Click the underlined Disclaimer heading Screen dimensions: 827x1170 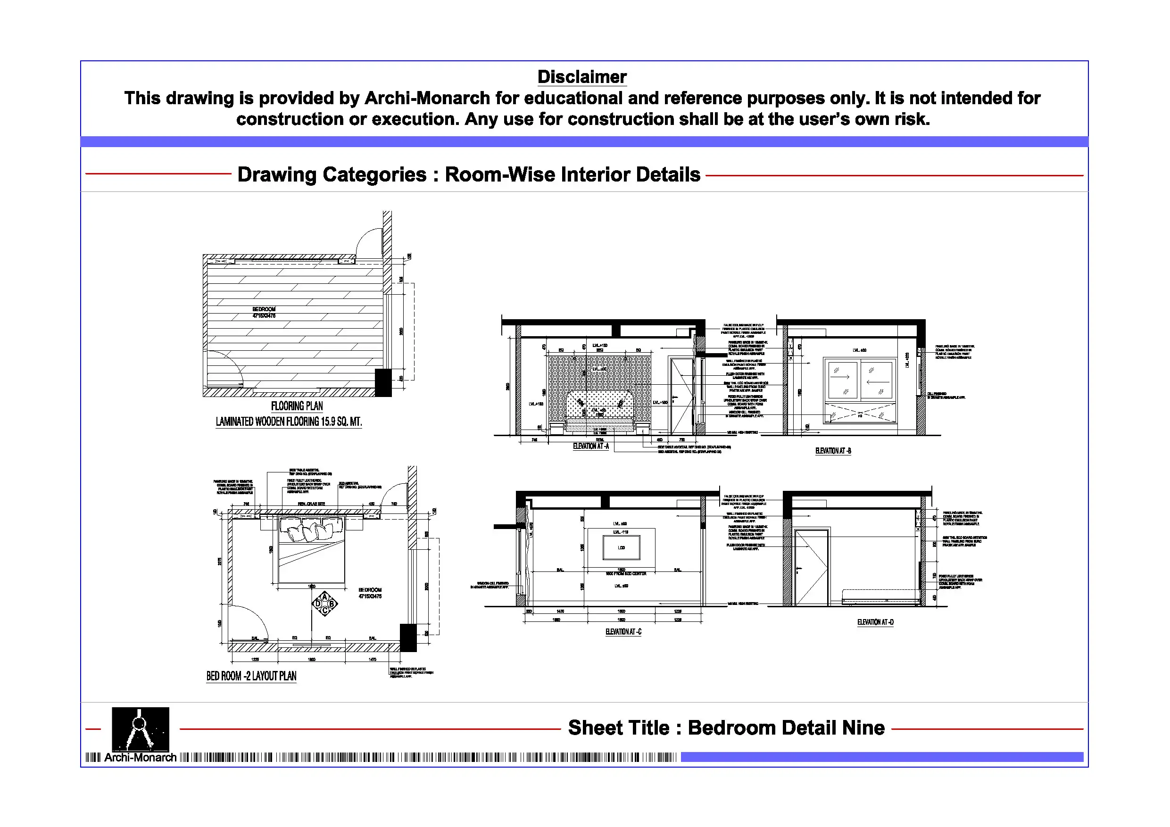point(582,77)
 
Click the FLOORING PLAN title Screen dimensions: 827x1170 point(297,406)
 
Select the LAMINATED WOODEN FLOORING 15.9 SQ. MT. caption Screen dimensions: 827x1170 point(289,422)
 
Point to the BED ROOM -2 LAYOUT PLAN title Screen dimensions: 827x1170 point(251,676)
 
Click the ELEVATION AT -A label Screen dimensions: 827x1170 point(590,447)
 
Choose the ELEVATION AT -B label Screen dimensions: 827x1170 point(833,451)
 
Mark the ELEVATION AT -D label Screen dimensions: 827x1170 point(875,622)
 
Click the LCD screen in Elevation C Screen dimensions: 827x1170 point(621,548)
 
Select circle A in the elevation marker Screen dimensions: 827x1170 point(324,597)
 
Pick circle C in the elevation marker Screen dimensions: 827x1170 point(324,611)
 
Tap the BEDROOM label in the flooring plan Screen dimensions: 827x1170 point(264,309)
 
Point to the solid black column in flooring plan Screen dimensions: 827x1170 point(383,382)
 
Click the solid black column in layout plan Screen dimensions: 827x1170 point(408,637)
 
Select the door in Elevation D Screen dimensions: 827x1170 point(811,567)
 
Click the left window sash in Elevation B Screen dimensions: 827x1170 point(842,380)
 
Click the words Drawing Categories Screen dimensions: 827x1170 point(332,175)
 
